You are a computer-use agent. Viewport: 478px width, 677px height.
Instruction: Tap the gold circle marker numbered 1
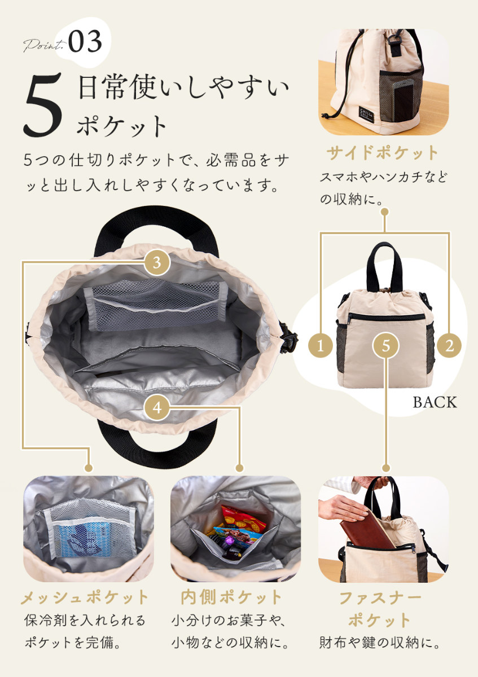pyautogui.click(x=322, y=345)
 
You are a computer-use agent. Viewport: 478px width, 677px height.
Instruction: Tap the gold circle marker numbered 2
pyautogui.click(x=449, y=345)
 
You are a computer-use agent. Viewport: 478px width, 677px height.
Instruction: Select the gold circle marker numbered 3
pyautogui.click(x=157, y=262)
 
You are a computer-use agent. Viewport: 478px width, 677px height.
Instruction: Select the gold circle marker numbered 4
pyautogui.click(x=157, y=407)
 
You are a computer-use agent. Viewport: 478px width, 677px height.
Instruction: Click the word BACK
pyautogui.click(x=435, y=402)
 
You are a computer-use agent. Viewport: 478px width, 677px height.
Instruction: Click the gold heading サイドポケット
pyautogui.click(x=383, y=153)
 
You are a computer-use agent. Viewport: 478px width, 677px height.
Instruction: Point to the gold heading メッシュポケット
pyautogui.click(x=85, y=597)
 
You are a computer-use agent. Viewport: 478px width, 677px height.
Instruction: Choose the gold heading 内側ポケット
pyautogui.click(x=231, y=597)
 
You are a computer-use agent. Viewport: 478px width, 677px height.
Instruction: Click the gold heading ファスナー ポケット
pyautogui.click(x=379, y=609)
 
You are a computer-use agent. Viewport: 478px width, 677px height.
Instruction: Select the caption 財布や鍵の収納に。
pyautogui.click(x=379, y=643)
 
